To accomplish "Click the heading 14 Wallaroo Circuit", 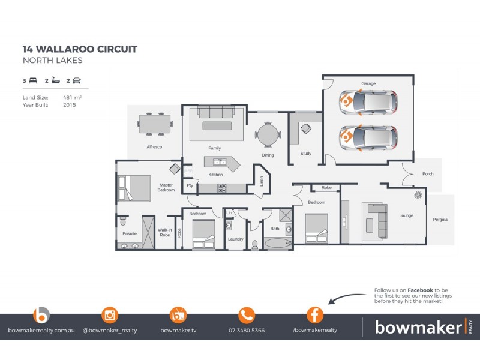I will point(80,49).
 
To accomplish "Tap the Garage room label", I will point(368,83).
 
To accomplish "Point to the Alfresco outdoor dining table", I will point(155,124).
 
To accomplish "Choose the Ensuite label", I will point(130,233).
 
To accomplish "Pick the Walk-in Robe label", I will point(164,232).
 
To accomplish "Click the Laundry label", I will point(235,239).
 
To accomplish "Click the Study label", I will point(305,154).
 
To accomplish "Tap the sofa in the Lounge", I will point(373,219).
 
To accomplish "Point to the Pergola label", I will point(440,220).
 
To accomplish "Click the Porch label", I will point(427,174).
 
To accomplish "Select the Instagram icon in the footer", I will point(110,315).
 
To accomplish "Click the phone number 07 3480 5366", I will point(247,331).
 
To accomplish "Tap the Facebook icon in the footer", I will point(315,315).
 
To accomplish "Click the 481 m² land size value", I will point(72,97).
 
